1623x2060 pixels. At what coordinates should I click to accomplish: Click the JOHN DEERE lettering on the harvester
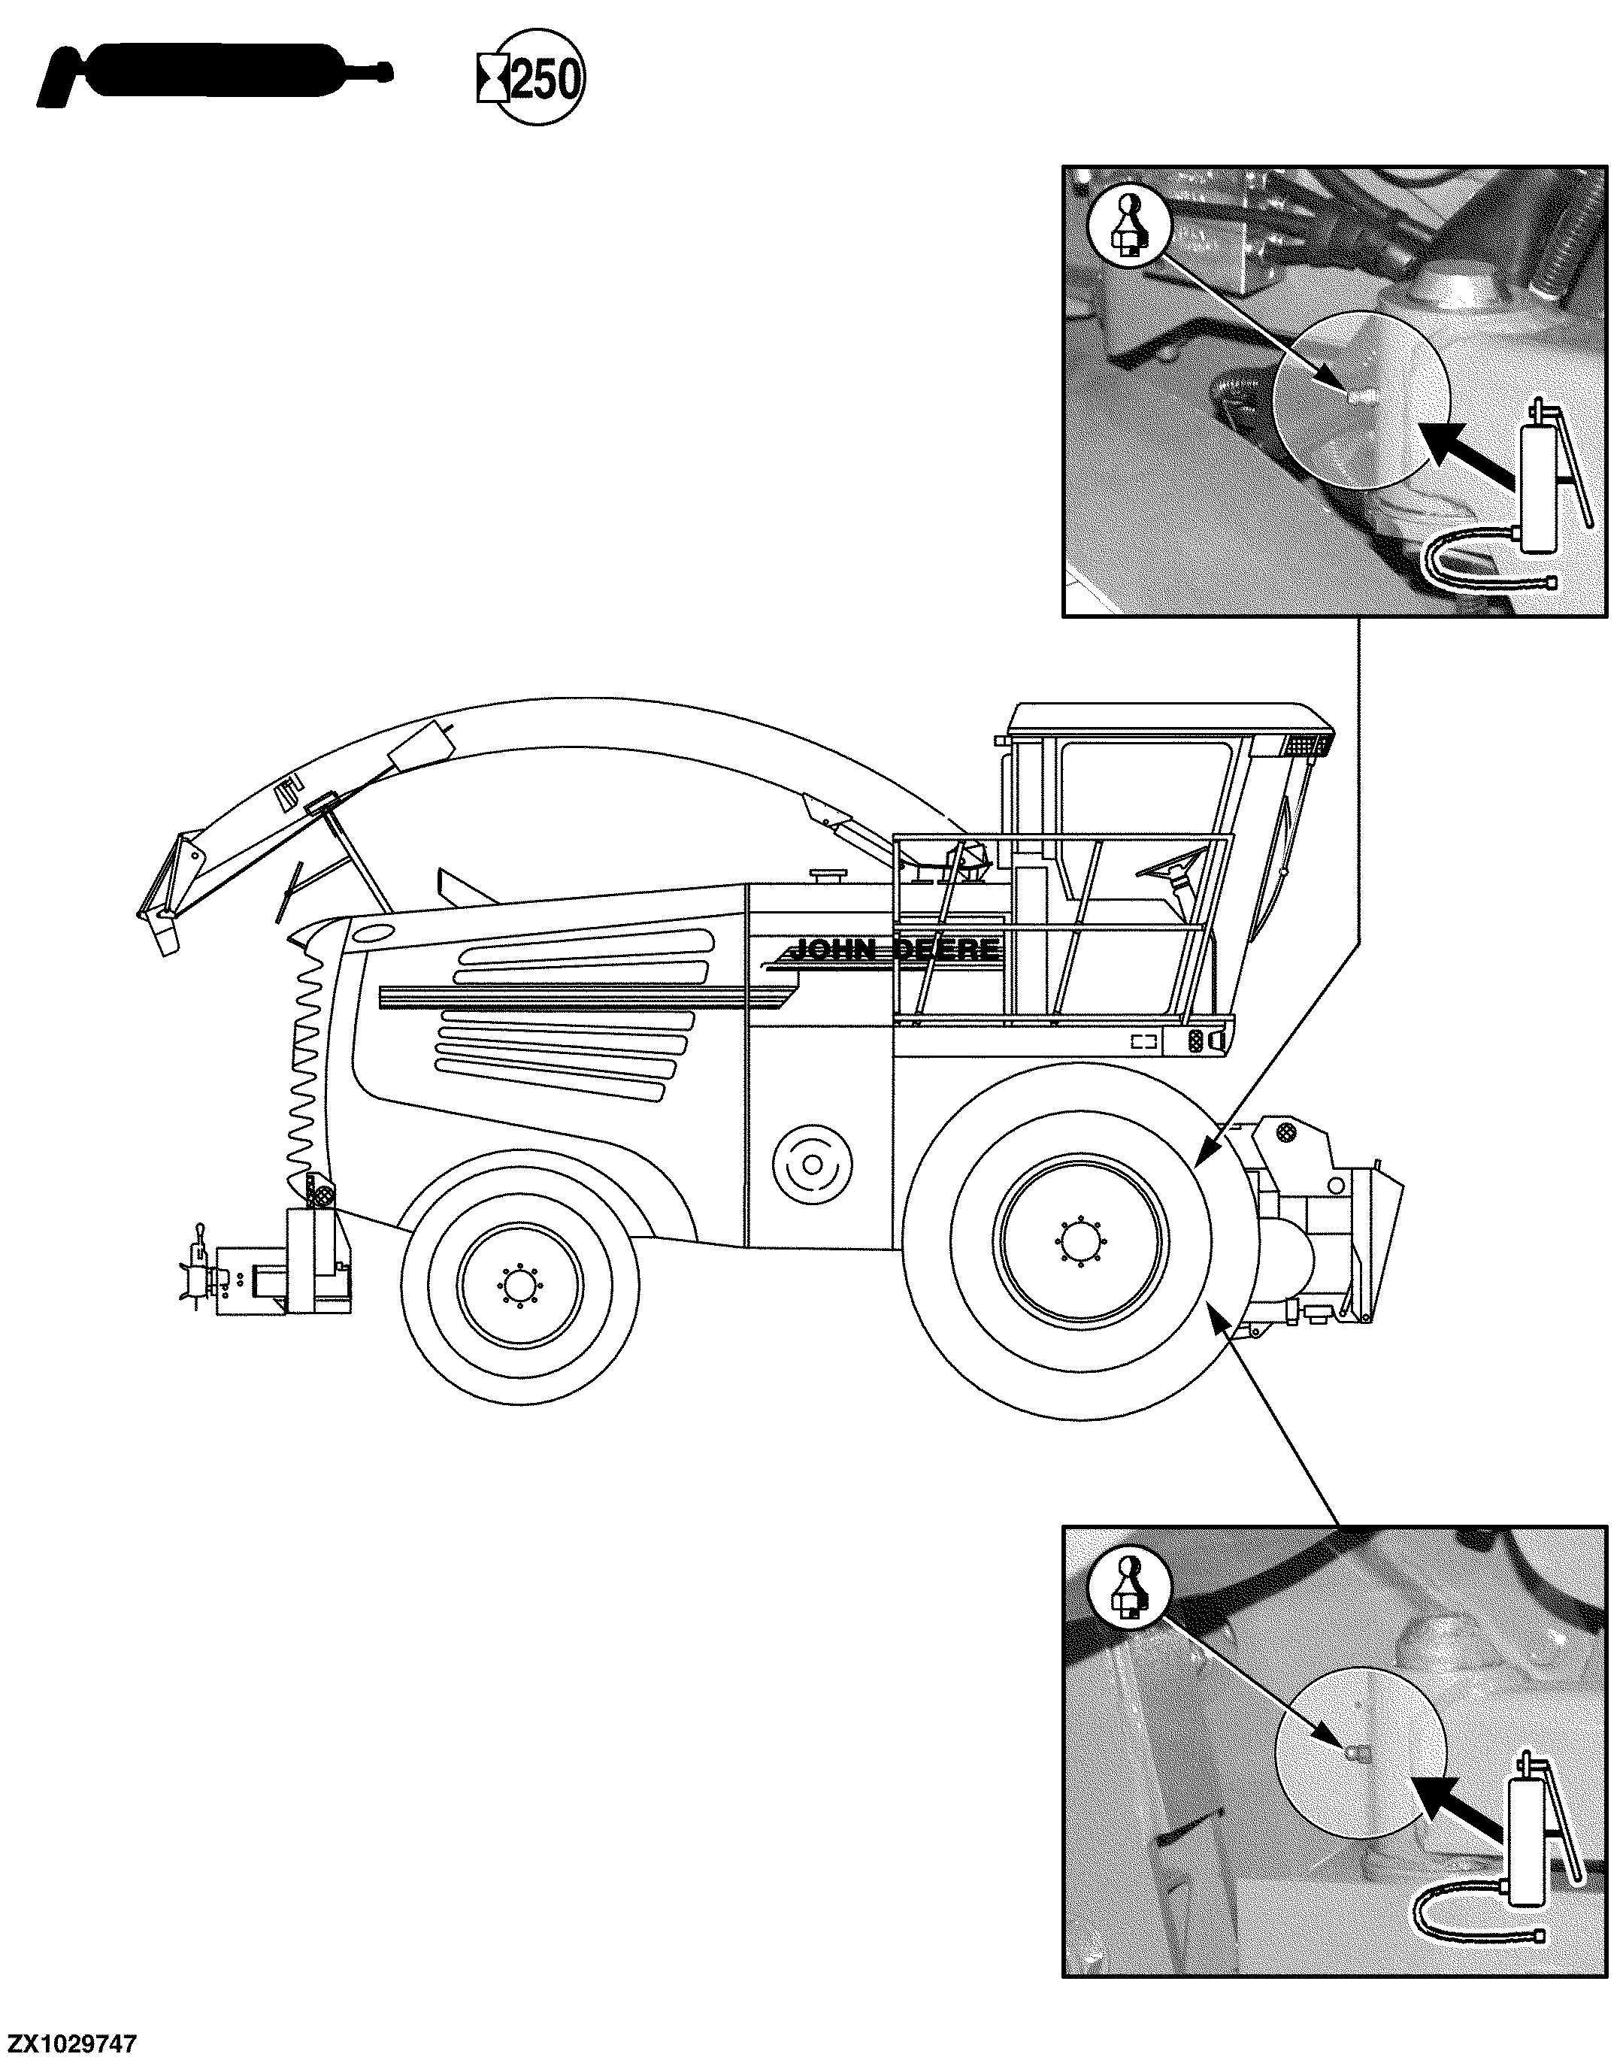click(894, 950)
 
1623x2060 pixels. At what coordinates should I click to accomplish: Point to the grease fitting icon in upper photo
click(1130, 226)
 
